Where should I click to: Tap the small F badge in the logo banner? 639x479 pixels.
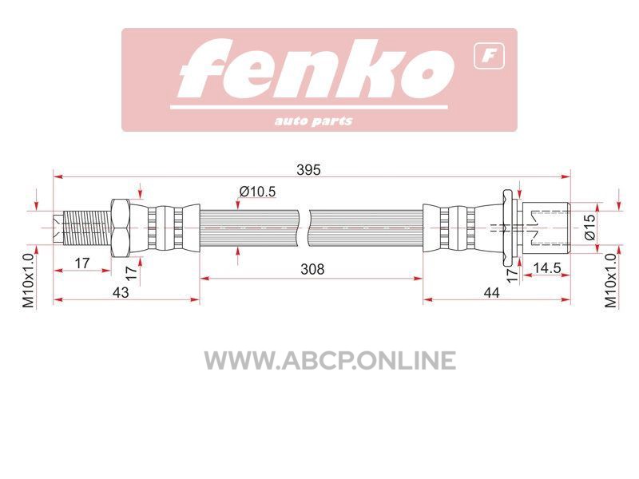pos(489,56)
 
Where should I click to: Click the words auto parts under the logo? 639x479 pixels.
pos(313,121)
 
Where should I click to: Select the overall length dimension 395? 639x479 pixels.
pos(308,169)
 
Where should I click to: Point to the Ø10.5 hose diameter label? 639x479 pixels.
pos(257,191)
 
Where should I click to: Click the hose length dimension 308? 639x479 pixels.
pos(312,269)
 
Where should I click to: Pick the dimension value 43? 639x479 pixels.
pos(121,292)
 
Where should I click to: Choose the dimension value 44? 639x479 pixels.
pos(491,292)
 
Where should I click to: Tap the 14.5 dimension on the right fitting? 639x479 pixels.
pos(547,268)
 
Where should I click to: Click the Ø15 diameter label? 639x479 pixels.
pos(589,228)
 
